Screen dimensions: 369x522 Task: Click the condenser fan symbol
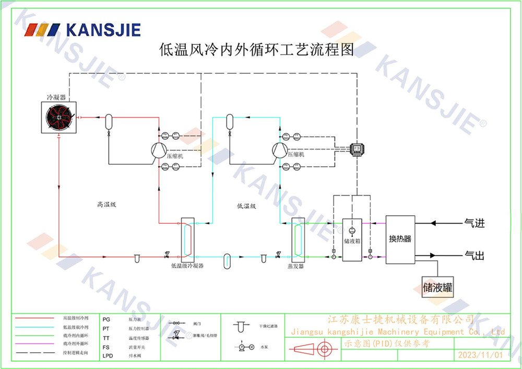pyautogui.click(x=58, y=118)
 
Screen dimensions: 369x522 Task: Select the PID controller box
pyautogui.click(x=357, y=149)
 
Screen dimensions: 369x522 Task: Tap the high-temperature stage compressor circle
pyautogui.click(x=158, y=150)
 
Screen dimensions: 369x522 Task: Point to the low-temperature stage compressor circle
pyautogui.click(x=279, y=150)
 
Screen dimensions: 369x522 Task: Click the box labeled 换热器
pyautogui.click(x=400, y=239)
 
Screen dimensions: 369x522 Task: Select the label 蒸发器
pyautogui.click(x=295, y=266)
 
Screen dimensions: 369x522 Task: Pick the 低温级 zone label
pyautogui.click(x=246, y=206)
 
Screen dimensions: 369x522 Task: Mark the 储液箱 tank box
pyautogui.click(x=352, y=240)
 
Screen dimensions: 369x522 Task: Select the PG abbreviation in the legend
pyautogui.click(x=106, y=319)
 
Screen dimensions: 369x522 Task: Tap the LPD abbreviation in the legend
pyautogui.click(x=108, y=355)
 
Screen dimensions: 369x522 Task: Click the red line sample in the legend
pyautogui.click(x=34, y=318)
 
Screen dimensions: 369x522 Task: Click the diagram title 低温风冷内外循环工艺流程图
pyautogui.click(x=256, y=50)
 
